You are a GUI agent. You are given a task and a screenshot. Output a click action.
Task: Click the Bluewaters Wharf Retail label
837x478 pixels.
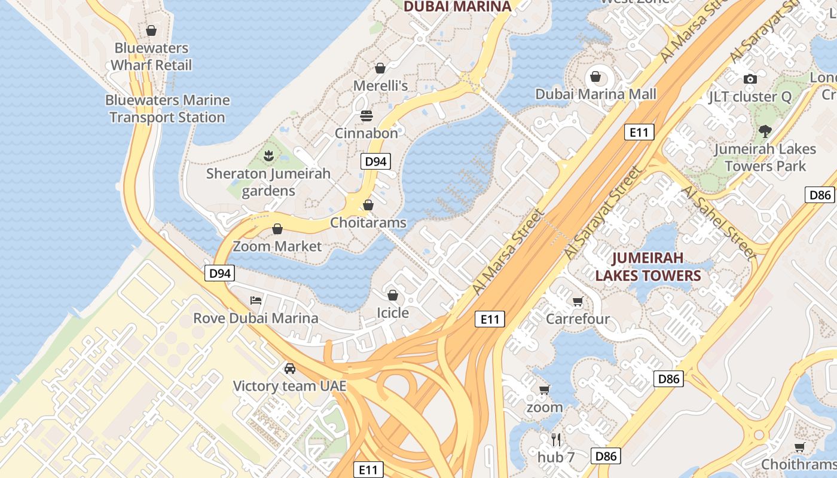point(151,56)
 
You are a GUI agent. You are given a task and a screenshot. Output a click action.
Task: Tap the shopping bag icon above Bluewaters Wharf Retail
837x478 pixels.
point(151,30)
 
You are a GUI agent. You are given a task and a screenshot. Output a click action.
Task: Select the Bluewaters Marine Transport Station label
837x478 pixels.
point(167,109)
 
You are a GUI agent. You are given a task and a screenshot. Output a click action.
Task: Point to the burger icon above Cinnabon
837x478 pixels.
point(366,115)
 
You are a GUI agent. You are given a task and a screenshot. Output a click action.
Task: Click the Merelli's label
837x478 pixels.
point(380,85)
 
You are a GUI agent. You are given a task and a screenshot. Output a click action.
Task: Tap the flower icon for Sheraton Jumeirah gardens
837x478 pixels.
point(268,157)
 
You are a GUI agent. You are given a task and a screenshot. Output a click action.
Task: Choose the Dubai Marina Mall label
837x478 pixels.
point(595,94)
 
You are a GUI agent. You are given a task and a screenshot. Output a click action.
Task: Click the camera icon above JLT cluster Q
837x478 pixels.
point(750,79)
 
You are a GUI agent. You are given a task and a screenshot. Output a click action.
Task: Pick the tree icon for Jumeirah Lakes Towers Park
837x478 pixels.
point(765,131)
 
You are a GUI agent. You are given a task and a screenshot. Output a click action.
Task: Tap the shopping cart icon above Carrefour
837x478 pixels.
point(578,301)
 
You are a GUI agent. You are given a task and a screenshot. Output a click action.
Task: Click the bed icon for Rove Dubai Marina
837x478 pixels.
point(256,300)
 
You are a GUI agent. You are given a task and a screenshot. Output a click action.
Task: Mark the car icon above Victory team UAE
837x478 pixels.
point(290,368)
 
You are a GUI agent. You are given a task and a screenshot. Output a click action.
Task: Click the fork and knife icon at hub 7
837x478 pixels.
point(556,440)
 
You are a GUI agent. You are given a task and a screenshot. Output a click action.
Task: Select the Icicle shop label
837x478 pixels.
point(393,312)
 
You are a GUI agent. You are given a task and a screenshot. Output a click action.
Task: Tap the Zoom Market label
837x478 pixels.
point(277,246)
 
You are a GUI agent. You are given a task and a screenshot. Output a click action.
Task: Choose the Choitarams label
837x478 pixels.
point(368,223)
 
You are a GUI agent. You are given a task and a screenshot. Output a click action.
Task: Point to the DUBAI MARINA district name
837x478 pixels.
point(457,7)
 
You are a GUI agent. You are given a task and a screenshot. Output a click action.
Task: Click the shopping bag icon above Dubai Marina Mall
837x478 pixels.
point(595,76)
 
